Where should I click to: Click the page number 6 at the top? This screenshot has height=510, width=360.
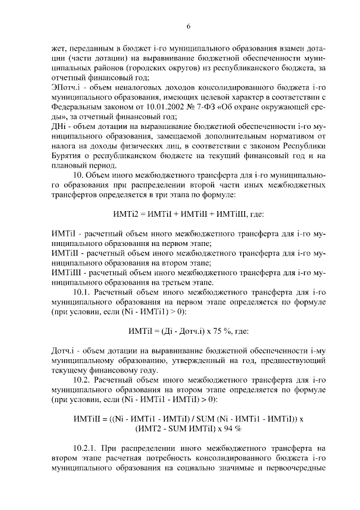pos(188,26)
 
